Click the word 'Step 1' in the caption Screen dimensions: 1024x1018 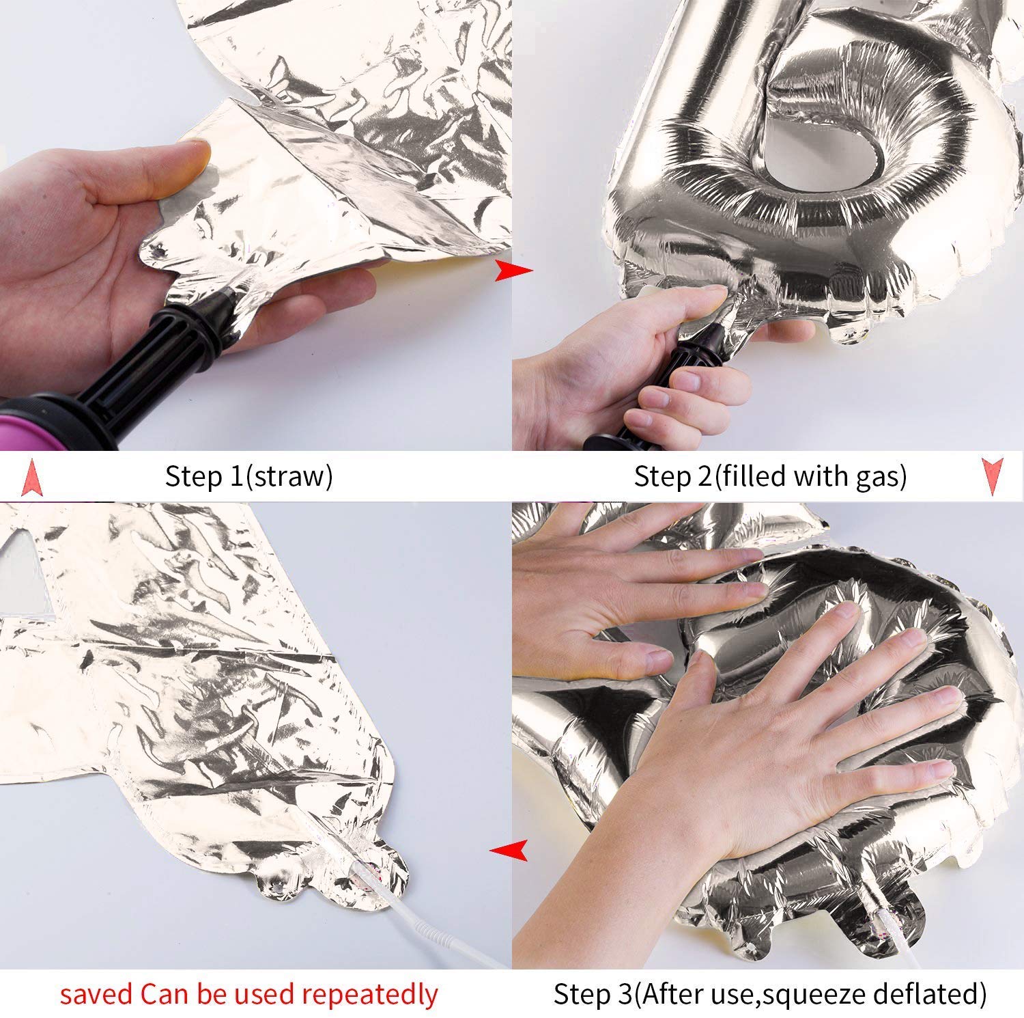click(x=203, y=476)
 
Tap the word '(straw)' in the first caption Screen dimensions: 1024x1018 click(x=288, y=476)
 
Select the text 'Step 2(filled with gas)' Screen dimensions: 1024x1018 click(x=770, y=476)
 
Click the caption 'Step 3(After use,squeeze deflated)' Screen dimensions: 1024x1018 click(x=770, y=994)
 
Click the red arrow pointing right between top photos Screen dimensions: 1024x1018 click(x=513, y=269)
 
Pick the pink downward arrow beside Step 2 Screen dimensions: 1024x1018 click(x=992, y=477)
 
